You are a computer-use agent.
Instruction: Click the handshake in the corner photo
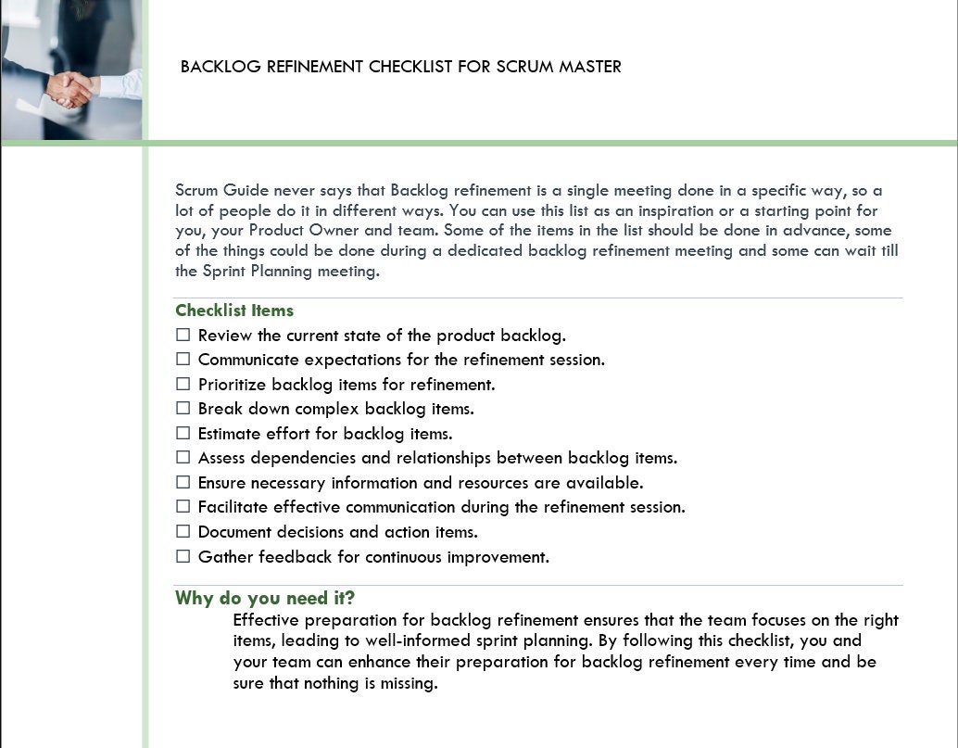point(70,90)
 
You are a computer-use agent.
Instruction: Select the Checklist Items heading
point(234,311)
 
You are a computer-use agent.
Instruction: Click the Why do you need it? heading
point(265,598)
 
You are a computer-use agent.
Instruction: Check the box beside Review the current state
point(183,335)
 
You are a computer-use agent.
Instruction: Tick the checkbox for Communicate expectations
point(183,360)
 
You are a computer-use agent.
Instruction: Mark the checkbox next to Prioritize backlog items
point(183,384)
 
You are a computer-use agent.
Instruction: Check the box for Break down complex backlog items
point(183,409)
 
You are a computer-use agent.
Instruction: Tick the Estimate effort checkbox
point(183,433)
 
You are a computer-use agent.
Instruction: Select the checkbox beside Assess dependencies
point(183,458)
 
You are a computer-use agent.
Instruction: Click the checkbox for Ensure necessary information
point(183,482)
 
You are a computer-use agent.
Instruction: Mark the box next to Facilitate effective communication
point(183,507)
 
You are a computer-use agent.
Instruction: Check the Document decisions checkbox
point(183,532)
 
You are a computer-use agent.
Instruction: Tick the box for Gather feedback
point(183,556)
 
